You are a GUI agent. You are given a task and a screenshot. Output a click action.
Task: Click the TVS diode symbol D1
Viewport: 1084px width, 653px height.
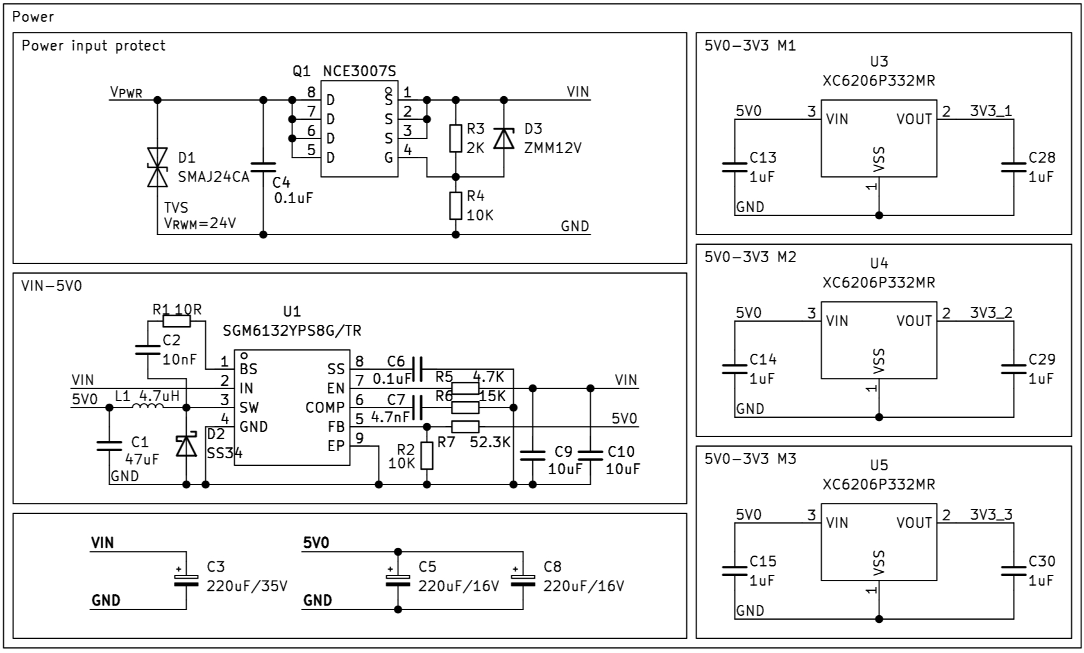pyautogui.click(x=157, y=167)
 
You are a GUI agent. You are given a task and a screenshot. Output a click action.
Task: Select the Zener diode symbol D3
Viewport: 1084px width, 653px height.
pyautogui.click(x=504, y=138)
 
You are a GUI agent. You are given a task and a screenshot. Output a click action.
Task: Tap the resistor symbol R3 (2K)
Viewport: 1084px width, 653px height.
pyautogui.click(x=456, y=138)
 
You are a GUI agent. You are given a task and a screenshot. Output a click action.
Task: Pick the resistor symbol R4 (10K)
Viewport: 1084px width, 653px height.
pyautogui.click(x=456, y=205)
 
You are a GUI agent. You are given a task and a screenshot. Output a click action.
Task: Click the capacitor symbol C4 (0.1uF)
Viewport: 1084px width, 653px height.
pyautogui.click(x=263, y=167)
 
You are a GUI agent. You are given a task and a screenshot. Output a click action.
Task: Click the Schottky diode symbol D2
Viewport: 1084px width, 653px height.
pyautogui.click(x=187, y=445)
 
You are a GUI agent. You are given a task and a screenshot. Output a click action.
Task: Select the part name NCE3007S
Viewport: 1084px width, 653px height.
pyautogui.click(x=359, y=71)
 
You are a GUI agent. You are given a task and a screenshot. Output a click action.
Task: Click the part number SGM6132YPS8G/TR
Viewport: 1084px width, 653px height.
pyautogui.click(x=292, y=331)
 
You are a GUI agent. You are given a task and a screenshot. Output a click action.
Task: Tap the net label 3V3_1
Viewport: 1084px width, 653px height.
pyautogui.click(x=991, y=111)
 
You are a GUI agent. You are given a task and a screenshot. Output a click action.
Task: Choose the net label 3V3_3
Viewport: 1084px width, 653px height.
pyautogui.click(x=991, y=515)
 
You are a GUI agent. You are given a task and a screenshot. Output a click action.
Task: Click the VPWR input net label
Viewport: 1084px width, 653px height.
pyautogui.click(x=126, y=93)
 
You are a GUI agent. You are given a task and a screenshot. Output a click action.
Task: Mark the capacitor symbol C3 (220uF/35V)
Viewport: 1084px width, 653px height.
pyautogui.click(x=187, y=580)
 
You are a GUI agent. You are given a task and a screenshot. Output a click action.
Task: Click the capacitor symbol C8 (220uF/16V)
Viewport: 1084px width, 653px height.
pyautogui.click(x=523, y=580)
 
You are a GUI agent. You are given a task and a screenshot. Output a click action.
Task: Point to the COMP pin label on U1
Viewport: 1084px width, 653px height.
pyautogui.click(x=325, y=408)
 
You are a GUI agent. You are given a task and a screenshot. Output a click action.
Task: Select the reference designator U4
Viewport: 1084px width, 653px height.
pyautogui.click(x=879, y=263)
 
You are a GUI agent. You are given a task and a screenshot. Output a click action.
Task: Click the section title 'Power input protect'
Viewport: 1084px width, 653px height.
pyautogui.click(x=94, y=45)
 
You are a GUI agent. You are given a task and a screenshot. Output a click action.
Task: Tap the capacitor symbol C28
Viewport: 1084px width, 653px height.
pyautogui.click(x=1013, y=167)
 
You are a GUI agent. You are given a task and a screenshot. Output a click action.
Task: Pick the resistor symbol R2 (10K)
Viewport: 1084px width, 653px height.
pyautogui.click(x=427, y=456)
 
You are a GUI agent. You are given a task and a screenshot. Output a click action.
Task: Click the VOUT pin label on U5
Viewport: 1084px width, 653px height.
pyautogui.click(x=914, y=523)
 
